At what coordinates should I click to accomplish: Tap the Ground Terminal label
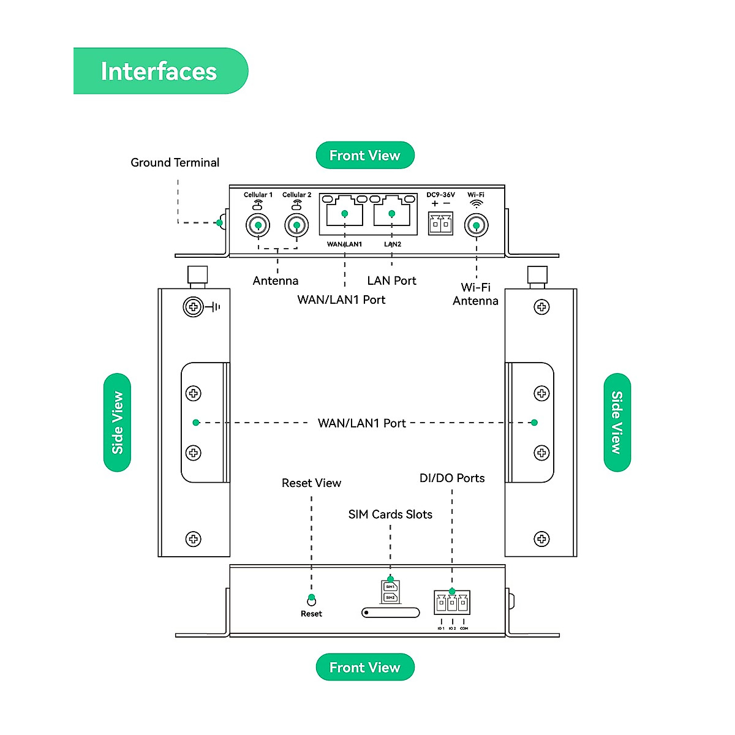(x=175, y=162)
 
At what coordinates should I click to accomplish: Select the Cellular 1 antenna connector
(x=258, y=225)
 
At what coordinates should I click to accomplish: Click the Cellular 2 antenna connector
(x=296, y=225)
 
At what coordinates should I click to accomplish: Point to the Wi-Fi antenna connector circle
(x=476, y=225)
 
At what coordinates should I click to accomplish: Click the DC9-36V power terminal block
(x=440, y=224)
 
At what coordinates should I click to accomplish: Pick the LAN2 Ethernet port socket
(x=392, y=214)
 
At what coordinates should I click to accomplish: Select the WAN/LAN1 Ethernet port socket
(x=344, y=214)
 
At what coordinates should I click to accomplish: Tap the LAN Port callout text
(x=391, y=281)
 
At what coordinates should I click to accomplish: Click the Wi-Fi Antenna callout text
(x=475, y=294)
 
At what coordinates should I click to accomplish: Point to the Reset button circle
(x=311, y=601)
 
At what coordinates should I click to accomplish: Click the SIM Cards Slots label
(x=390, y=514)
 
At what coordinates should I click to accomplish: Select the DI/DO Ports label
(x=452, y=478)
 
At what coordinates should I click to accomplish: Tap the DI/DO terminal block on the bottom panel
(x=452, y=603)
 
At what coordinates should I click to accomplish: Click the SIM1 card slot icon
(x=390, y=587)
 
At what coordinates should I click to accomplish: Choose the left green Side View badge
(x=118, y=423)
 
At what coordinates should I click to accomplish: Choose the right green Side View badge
(x=617, y=423)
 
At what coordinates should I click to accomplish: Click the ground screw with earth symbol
(x=193, y=307)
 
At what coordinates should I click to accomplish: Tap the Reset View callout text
(x=311, y=483)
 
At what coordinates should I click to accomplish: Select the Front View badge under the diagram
(x=365, y=667)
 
